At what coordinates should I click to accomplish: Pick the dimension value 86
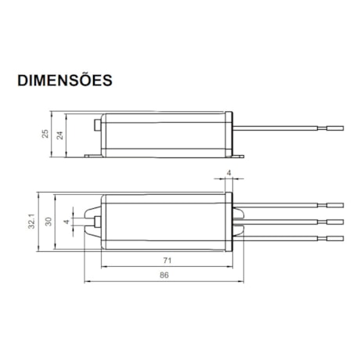coord(165,275)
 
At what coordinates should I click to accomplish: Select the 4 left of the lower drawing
coord(67,222)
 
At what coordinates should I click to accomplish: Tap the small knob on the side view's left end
coord(97,125)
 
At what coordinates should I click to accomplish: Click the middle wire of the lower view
coord(282,221)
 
